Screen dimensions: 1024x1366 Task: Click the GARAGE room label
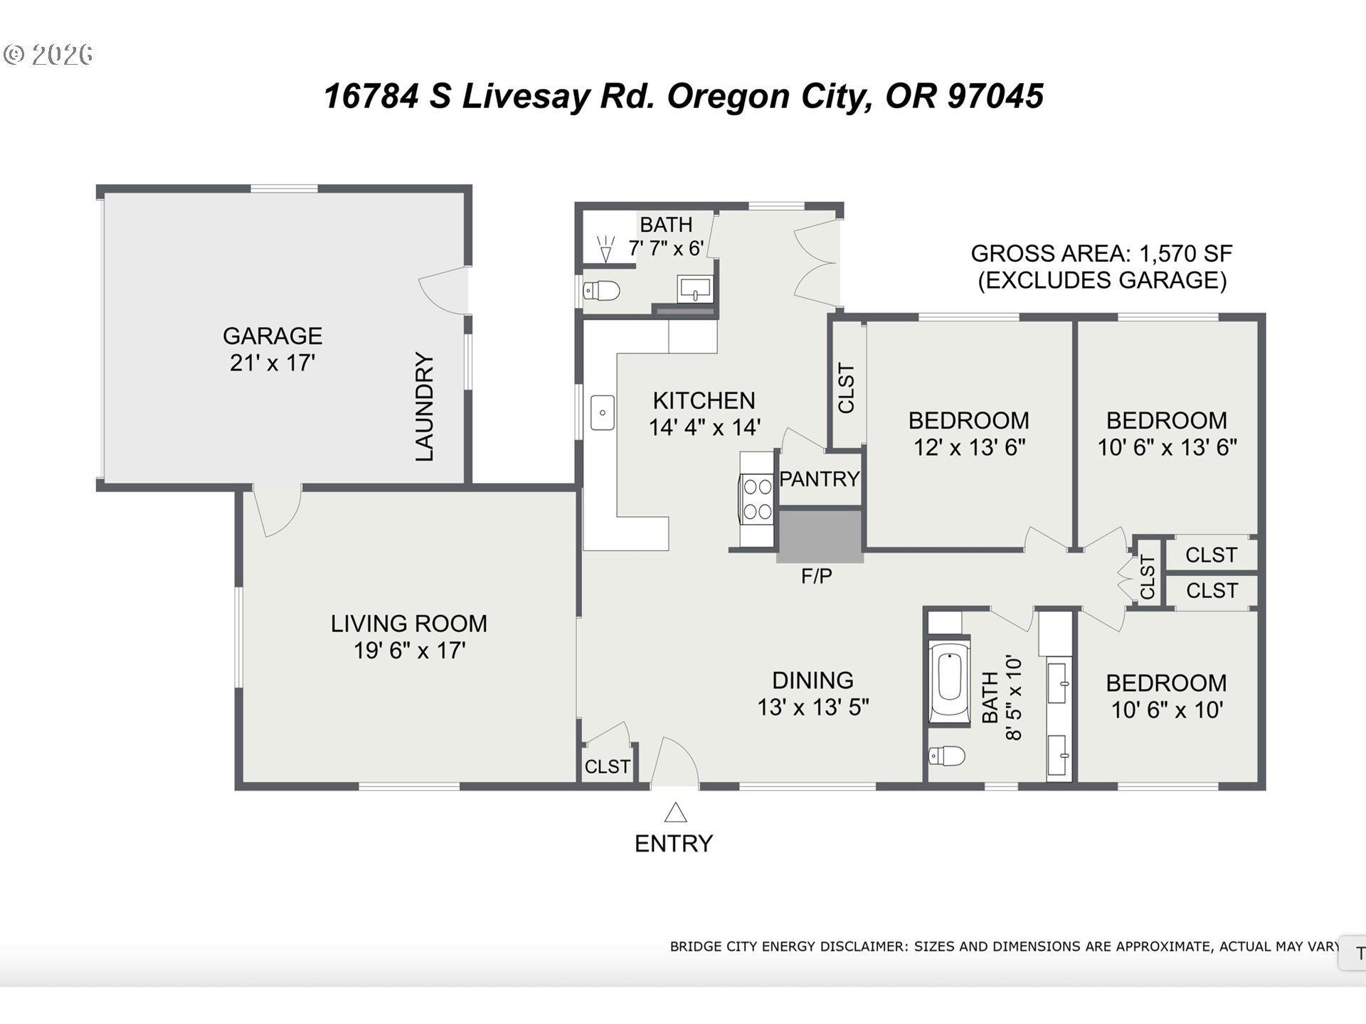272,336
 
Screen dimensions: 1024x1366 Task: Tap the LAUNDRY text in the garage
424,407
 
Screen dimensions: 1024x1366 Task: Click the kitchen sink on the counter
603,412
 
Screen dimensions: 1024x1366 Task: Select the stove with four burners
757,499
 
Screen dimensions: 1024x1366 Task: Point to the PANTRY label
820,479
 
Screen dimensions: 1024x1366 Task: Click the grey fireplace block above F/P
820,537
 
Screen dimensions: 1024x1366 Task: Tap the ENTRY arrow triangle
675,812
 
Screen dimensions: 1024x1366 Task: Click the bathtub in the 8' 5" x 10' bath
949,681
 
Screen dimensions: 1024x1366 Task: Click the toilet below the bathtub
947,755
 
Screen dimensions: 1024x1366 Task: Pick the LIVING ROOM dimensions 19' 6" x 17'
409,651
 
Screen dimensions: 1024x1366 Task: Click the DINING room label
812,681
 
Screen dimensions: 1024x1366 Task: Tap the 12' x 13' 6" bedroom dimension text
969,447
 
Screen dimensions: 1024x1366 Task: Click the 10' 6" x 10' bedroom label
1166,683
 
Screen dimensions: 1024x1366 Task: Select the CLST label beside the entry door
607,767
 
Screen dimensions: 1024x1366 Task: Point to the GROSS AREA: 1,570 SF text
1101,254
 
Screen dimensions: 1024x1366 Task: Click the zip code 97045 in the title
995,96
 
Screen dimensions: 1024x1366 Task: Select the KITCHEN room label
704,401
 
